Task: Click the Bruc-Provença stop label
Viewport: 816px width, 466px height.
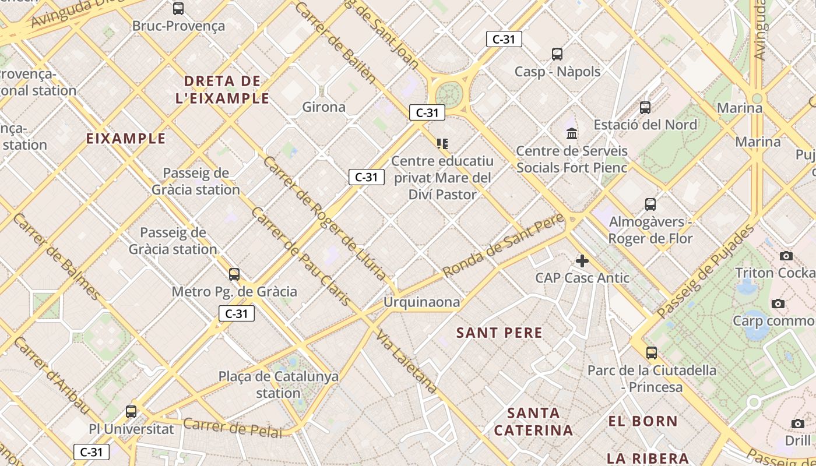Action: click(x=178, y=26)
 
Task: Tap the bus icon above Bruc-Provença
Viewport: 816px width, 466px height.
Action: click(x=178, y=9)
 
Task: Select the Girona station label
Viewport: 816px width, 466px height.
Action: click(x=323, y=107)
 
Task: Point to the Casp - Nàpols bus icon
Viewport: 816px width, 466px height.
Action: click(x=557, y=54)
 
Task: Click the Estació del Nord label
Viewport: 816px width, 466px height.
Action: click(x=645, y=125)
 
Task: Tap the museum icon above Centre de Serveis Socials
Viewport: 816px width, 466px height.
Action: click(x=572, y=133)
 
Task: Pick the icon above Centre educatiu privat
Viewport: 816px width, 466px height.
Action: click(x=442, y=143)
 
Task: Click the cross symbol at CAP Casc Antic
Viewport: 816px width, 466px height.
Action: click(x=582, y=261)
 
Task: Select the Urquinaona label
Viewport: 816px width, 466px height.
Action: click(x=421, y=302)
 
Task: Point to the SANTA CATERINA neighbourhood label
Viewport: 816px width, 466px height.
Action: click(x=533, y=422)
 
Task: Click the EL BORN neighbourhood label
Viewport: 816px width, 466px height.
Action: click(x=643, y=421)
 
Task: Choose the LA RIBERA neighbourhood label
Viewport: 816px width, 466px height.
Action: click(x=648, y=458)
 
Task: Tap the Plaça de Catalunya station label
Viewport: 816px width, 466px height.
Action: click(x=279, y=384)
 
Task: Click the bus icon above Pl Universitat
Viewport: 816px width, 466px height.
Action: click(x=131, y=412)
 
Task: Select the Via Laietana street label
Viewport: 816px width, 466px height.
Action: click(x=407, y=362)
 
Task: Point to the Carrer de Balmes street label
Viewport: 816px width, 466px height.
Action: click(x=55, y=256)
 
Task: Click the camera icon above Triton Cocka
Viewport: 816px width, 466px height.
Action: click(x=786, y=256)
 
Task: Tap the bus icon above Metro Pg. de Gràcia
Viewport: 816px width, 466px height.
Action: click(x=234, y=274)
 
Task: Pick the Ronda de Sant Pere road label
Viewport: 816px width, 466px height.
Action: click(x=504, y=245)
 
